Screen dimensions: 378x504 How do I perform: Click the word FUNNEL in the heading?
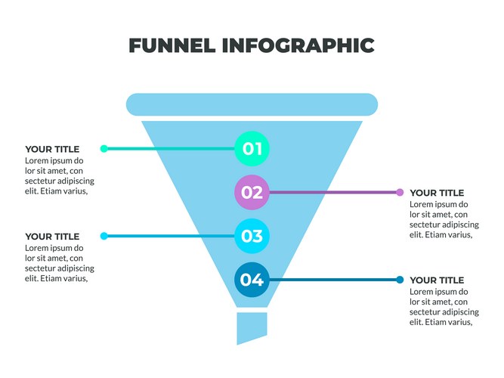pyautogui.click(x=171, y=45)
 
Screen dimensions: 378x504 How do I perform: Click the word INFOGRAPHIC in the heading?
pyautogui.click(x=298, y=45)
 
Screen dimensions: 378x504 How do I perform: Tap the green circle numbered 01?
pyautogui.click(x=252, y=148)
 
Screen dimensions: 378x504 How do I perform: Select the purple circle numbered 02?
pyautogui.click(x=252, y=192)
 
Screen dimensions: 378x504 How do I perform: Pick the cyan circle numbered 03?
pyautogui.click(x=252, y=236)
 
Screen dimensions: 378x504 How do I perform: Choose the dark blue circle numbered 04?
pyautogui.click(x=252, y=280)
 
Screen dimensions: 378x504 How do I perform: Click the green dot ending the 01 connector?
pyautogui.click(x=104, y=148)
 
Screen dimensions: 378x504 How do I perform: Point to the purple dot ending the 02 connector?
pyautogui.click(x=400, y=192)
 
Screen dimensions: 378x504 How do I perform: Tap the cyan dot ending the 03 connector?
pyautogui.click(x=104, y=236)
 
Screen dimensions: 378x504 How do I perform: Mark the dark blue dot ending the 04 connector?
pyautogui.click(x=400, y=280)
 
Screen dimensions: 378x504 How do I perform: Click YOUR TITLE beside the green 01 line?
pyautogui.click(x=52, y=150)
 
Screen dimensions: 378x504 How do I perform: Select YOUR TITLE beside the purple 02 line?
pyautogui.click(x=437, y=194)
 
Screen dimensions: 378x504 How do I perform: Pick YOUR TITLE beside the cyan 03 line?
pyautogui.click(x=52, y=237)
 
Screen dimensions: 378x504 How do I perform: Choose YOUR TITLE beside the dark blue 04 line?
pyautogui.click(x=437, y=281)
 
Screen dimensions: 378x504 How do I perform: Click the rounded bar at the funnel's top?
pyautogui.click(x=252, y=104)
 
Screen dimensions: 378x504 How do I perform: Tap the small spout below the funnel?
pyautogui.click(x=252, y=327)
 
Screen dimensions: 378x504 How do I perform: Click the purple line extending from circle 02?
pyautogui.click(x=332, y=192)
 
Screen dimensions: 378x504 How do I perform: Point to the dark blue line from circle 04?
pyautogui.click(x=332, y=280)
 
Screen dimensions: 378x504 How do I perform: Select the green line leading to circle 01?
pyautogui.click(x=170, y=148)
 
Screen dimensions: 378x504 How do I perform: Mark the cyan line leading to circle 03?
pyautogui.click(x=170, y=236)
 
